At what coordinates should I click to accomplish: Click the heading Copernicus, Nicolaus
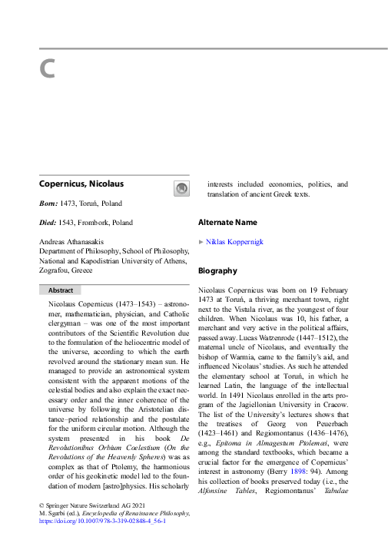pos(81,184)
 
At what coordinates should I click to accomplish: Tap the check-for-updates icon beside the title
pos(181,188)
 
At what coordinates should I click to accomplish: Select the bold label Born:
pos(49,204)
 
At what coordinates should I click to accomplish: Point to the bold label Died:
pos(49,223)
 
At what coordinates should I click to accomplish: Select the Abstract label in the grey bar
pos(61,290)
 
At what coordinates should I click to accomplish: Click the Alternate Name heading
pos(227,223)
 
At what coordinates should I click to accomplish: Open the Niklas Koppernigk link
pos(234,242)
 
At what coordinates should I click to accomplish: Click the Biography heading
pos(217,271)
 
